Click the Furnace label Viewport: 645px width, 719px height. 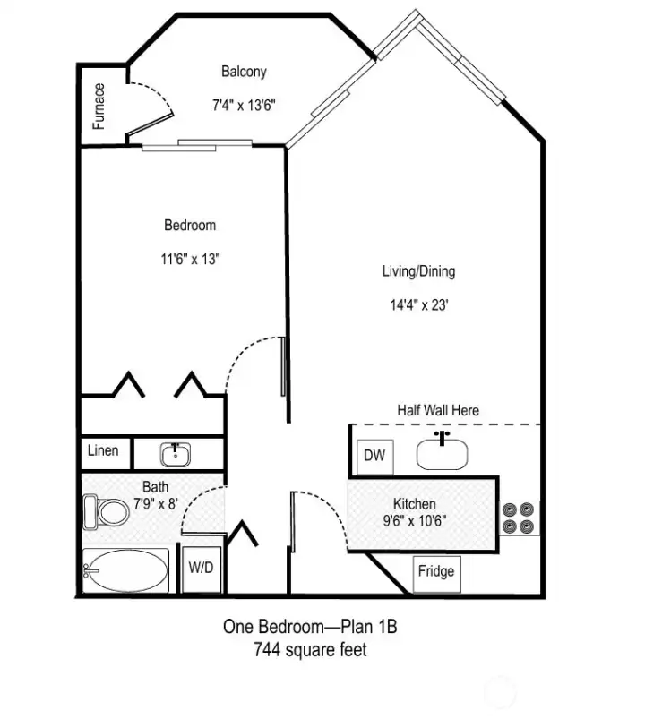point(99,106)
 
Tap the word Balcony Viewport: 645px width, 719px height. point(244,72)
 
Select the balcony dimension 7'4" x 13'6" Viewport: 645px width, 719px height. point(243,105)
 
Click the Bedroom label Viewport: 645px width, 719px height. point(189,226)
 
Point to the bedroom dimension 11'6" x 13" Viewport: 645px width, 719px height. point(190,260)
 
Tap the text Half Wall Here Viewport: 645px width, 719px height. point(438,410)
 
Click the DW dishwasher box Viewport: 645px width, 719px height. point(374,456)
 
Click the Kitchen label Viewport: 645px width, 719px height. point(415,504)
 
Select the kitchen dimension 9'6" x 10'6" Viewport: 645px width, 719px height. point(415,520)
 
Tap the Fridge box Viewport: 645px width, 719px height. point(436,572)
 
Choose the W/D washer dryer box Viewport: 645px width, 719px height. point(200,567)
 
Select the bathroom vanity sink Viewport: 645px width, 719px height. point(175,455)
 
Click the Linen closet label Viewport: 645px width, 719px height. point(103,450)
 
